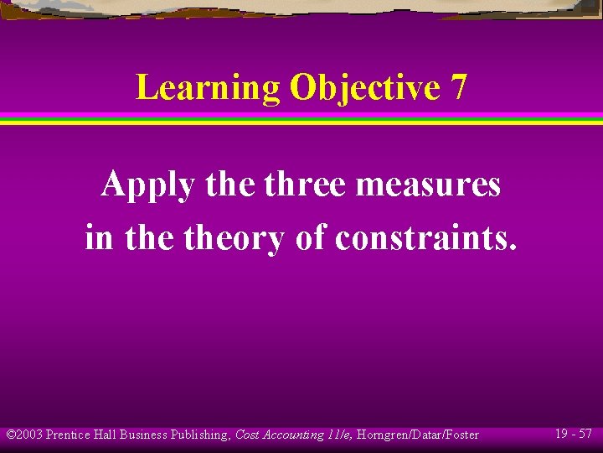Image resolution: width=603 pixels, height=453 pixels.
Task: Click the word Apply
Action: click(147, 185)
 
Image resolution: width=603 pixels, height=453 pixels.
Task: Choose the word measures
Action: click(428, 185)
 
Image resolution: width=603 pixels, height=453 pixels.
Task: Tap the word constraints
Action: click(426, 239)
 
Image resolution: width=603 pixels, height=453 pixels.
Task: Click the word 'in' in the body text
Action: click(98, 239)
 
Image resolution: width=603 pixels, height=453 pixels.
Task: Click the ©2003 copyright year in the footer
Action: click(24, 435)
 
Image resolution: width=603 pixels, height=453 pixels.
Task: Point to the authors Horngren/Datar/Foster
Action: click(419, 435)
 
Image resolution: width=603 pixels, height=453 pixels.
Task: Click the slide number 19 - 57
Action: click(574, 434)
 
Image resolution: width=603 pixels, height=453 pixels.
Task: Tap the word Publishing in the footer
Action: click(200, 435)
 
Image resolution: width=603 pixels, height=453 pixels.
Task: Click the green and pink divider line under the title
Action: click(301, 118)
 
